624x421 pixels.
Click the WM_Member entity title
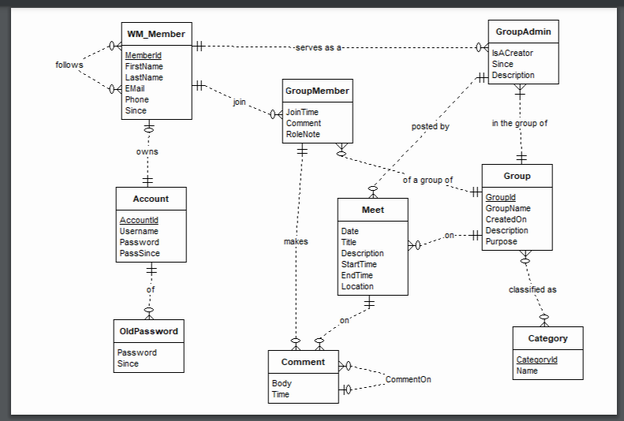pyautogui.click(x=156, y=34)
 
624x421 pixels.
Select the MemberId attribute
pyautogui.click(x=143, y=55)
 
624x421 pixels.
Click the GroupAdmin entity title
pyautogui.click(x=524, y=32)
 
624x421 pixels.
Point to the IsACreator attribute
pyautogui.click(x=512, y=53)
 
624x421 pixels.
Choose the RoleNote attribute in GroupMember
pyautogui.click(x=303, y=134)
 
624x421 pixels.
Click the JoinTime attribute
pyautogui.click(x=302, y=112)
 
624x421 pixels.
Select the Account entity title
pyautogui.click(x=151, y=199)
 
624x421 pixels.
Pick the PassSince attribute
pyautogui.click(x=140, y=253)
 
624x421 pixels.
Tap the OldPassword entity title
pyautogui.click(x=149, y=331)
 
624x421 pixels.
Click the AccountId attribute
pyautogui.click(x=139, y=220)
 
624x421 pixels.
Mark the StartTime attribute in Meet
pyautogui.click(x=360, y=264)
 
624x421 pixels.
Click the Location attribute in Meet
pyautogui.click(x=357, y=286)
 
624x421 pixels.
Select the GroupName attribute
pyautogui.click(x=508, y=208)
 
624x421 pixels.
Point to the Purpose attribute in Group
pyautogui.click(x=502, y=241)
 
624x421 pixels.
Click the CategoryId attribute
pyautogui.click(x=536, y=360)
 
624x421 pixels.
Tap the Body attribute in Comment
pyautogui.click(x=281, y=383)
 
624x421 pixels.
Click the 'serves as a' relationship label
pyautogui.click(x=318, y=47)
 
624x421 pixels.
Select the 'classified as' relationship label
pyautogui.click(x=532, y=289)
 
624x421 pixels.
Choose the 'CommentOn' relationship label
pyautogui.click(x=408, y=379)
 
